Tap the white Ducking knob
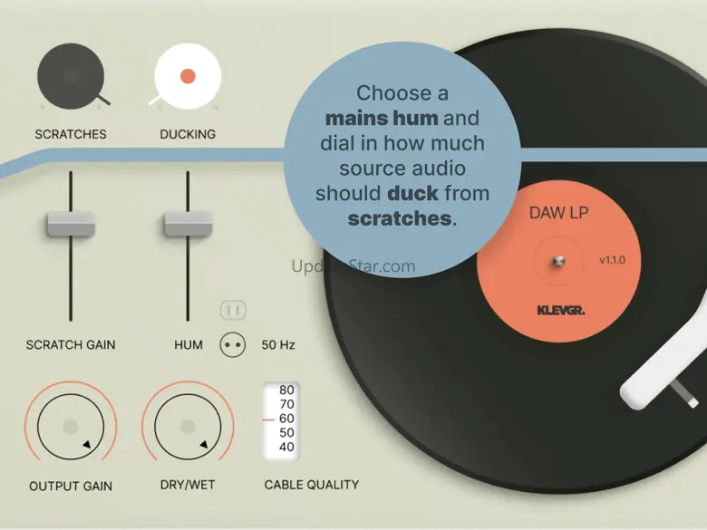[188, 77]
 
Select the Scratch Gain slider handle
[71, 223]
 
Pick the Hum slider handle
[188, 223]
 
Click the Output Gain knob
[71, 426]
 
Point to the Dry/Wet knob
[188, 426]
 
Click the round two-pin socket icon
[233, 344]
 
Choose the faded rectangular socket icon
[233, 311]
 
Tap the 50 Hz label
[278, 345]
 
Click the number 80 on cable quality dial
[286, 390]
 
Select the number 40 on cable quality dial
[286, 448]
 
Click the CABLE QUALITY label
[311, 485]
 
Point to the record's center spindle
[558, 262]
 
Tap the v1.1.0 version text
[612, 261]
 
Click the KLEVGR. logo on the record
[560, 311]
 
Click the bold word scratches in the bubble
[399, 218]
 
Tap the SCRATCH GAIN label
[71, 345]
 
